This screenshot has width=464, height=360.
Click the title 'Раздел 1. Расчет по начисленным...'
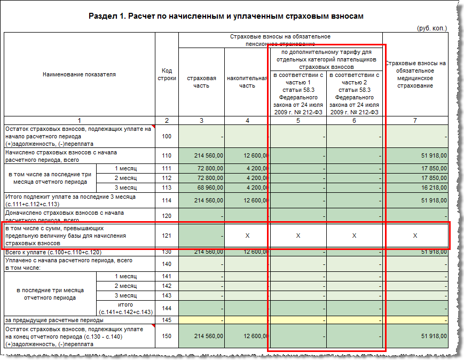click(226, 16)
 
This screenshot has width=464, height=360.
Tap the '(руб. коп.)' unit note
click(432, 28)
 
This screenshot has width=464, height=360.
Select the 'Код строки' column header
click(167, 74)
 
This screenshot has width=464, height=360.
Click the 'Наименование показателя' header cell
click(79, 74)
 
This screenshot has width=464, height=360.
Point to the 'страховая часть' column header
click(201, 82)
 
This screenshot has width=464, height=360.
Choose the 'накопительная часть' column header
click(247, 82)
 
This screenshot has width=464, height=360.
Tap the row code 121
click(167, 236)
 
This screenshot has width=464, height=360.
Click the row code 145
click(167, 320)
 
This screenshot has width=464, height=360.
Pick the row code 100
click(167, 136)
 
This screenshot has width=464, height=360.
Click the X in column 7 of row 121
click(415, 236)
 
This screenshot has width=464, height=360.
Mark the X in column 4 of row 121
click(247, 236)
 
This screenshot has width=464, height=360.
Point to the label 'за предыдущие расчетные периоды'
click(54, 320)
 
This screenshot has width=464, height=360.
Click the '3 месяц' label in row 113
click(125, 187)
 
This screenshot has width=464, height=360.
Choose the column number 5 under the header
click(298, 121)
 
